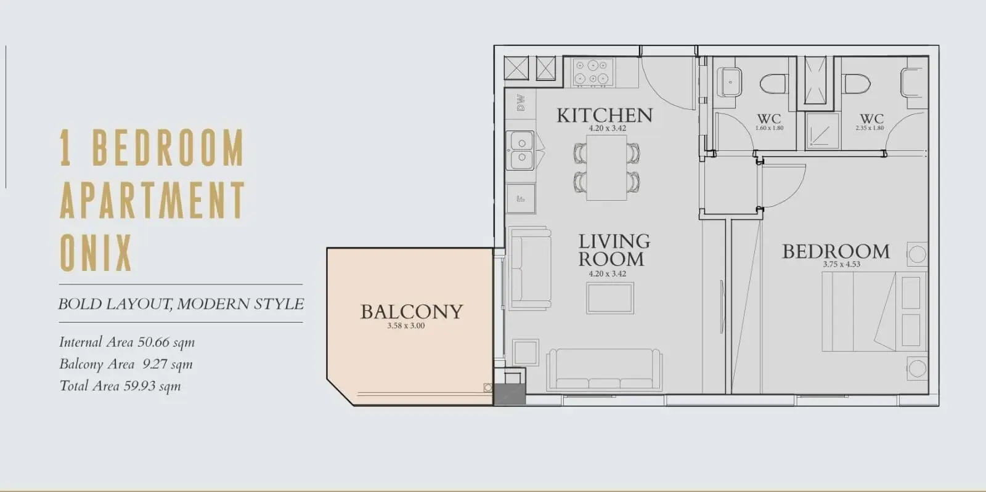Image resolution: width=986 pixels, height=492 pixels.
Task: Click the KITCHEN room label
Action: [605, 115]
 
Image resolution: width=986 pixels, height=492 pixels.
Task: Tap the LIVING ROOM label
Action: [614, 250]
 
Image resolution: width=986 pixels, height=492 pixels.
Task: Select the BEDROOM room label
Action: [836, 251]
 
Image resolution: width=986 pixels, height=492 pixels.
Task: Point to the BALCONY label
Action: [412, 312]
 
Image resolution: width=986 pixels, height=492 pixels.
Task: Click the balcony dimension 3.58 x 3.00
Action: [406, 326]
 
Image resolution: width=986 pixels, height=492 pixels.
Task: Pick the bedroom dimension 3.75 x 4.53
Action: [841, 264]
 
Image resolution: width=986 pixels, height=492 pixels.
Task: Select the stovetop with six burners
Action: [593, 72]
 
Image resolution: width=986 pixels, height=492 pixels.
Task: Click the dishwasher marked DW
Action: [520, 103]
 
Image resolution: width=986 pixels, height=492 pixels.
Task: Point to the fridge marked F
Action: [521, 199]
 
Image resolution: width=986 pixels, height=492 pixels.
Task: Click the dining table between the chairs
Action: [606, 167]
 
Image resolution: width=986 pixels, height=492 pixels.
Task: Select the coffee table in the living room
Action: [610, 298]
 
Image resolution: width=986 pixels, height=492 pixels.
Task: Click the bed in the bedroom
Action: [874, 312]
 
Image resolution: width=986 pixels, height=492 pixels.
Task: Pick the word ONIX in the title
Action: [96, 252]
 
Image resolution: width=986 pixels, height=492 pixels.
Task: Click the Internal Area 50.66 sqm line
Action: [127, 342]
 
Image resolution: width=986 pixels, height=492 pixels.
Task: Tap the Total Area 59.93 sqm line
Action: [120, 386]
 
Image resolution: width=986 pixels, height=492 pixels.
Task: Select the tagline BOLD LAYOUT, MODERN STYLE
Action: [181, 304]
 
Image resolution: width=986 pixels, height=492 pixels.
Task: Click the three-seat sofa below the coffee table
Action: [605, 369]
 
